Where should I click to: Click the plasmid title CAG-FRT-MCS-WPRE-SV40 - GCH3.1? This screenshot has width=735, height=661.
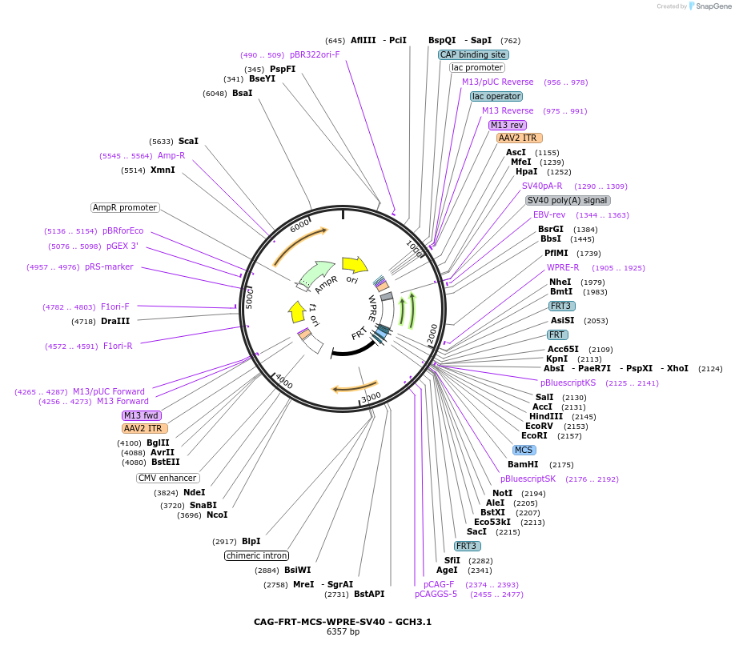coord(343,621)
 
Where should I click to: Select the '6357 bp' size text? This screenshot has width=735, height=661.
coord(343,632)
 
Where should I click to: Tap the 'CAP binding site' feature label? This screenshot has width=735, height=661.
coord(473,54)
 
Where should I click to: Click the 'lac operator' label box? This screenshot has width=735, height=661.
coord(496,96)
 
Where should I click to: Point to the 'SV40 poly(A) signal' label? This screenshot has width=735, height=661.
coord(567,200)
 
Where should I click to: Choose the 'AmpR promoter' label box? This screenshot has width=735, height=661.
coord(125,207)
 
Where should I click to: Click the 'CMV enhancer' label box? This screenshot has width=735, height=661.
coord(167,478)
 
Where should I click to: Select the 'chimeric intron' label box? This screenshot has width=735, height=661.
coord(256,555)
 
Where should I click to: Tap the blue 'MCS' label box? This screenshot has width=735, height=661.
coord(524,450)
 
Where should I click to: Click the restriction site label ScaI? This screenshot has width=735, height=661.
coord(188,141)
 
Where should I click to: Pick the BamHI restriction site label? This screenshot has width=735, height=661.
coord(523,464)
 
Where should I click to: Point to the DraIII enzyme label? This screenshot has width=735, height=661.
coord(115,321)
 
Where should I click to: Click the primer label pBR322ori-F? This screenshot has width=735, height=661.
coord(315,54)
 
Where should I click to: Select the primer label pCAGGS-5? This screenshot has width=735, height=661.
coord(436,594)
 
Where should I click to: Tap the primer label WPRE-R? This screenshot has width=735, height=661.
coord(563,267)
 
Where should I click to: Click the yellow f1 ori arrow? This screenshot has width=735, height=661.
coord(297,310)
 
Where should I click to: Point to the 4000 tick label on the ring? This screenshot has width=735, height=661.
coord(284,383)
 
